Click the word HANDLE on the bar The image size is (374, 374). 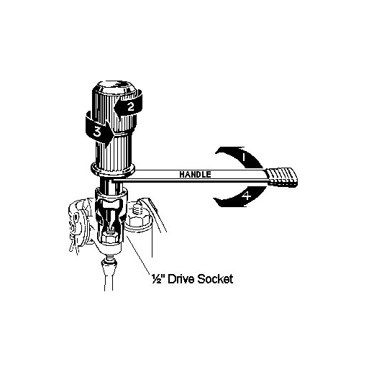195,174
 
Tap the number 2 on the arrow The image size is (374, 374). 130,106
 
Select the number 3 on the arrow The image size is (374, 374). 97,132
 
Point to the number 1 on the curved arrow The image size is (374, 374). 243,158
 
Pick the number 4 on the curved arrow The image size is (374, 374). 246,196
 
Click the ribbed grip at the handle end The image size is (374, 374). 282,178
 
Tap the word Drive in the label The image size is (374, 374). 181,279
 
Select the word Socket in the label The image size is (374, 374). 215,279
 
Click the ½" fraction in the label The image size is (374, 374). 158,279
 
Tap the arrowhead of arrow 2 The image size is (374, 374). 119,108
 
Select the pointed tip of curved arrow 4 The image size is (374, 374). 214,199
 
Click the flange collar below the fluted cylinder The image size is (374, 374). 113,168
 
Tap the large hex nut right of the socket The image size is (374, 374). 138,222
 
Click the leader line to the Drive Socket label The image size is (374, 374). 139,255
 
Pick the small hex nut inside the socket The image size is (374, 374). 109,237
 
